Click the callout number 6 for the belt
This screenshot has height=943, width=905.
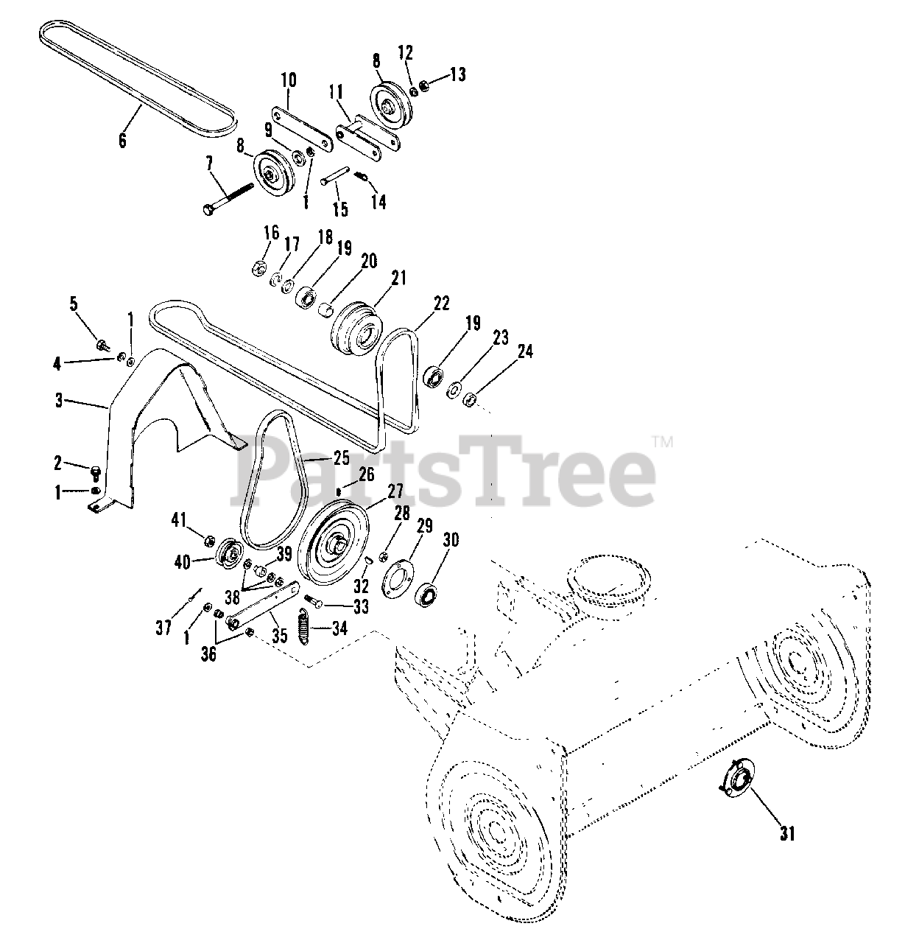click(x=122, y=140)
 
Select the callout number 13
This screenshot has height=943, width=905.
click(x=458, y=74)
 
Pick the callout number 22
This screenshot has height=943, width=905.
click(x=441, y=304)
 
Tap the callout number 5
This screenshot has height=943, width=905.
click(x=73, y=302)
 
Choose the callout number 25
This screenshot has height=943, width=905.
click(x=340, y=458)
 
